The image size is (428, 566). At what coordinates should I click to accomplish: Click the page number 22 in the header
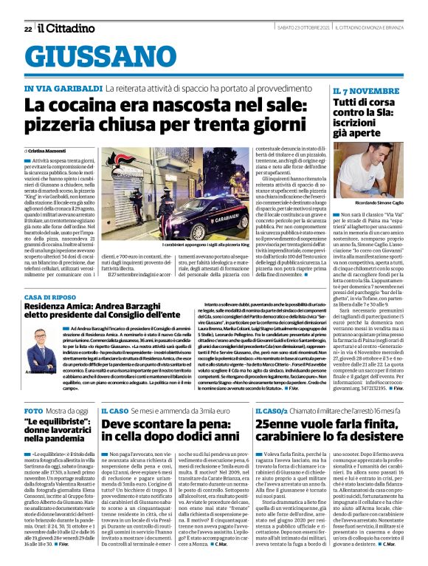coord(27,29)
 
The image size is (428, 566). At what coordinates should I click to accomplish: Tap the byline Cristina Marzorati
coord(48,150)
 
